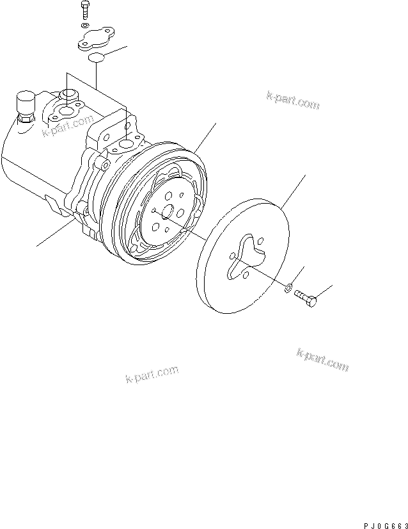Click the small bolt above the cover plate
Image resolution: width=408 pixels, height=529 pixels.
84,11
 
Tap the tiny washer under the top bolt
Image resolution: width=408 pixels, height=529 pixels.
85,26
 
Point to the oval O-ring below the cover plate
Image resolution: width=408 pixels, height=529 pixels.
95,59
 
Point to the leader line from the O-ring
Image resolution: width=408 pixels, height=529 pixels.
116,52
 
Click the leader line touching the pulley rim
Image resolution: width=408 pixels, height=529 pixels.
206,138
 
